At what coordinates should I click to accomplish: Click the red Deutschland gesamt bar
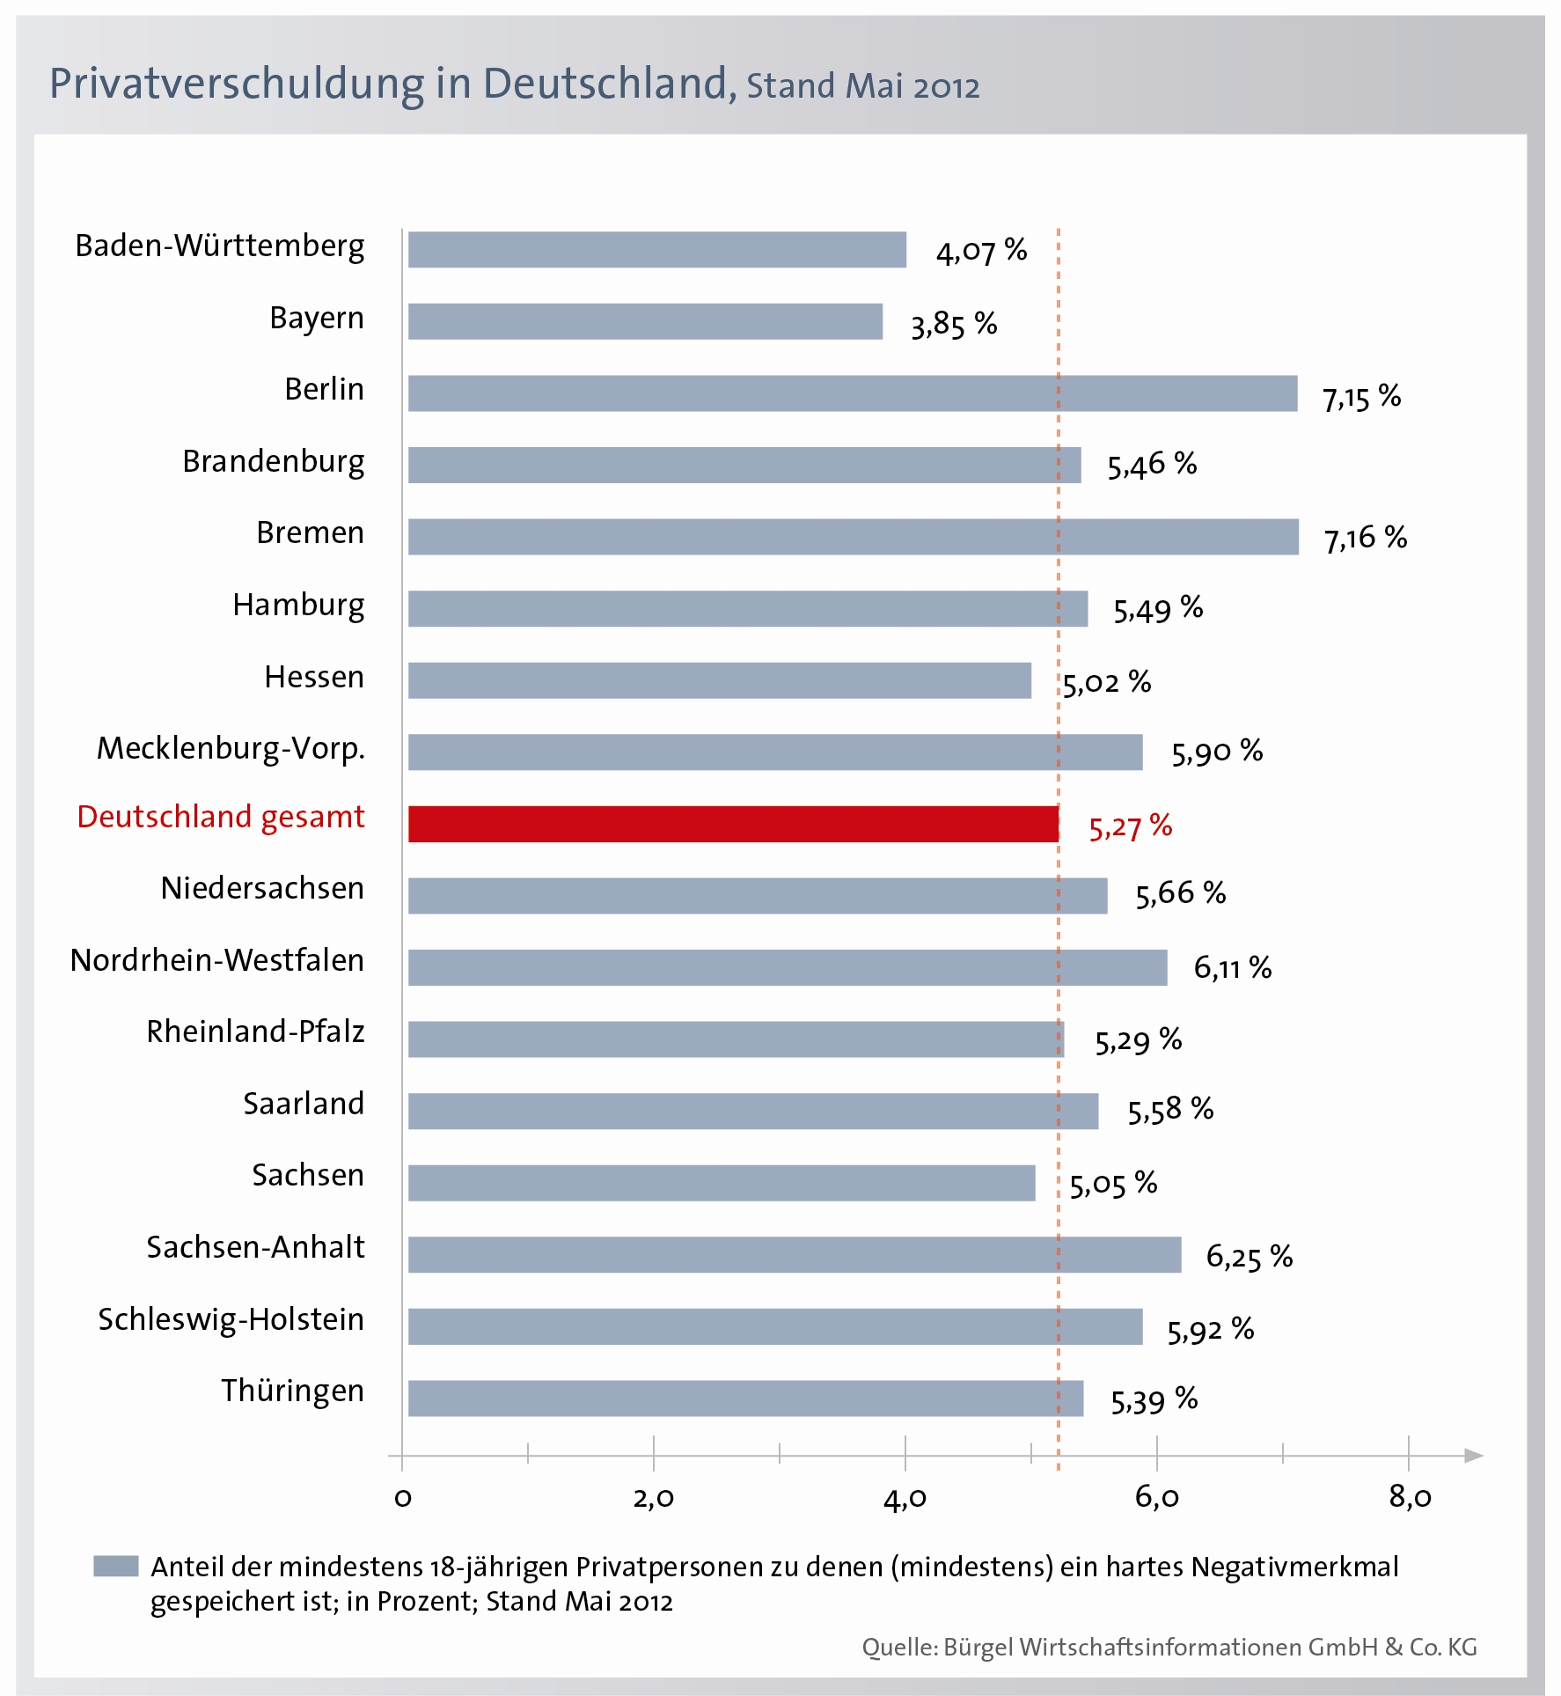click(733, 824)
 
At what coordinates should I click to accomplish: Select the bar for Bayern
click(645, 321)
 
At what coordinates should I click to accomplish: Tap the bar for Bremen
click(853, 537)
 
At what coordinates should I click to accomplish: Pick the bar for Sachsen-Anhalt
click(794, 1254)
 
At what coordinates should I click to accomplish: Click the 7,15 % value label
click(1361, 397)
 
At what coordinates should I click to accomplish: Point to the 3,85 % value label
click(953, 325)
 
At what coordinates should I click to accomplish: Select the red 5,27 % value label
click(1130, 826)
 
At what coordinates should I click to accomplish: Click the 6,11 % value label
click(1232, 968)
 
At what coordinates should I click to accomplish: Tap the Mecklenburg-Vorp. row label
click(231, 748)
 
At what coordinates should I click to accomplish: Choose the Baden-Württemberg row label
click(219, 246)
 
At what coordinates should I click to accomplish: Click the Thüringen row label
click(292, 1391)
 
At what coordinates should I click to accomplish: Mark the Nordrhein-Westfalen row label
click(216, 960)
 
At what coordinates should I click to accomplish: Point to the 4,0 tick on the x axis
click(905, 1497)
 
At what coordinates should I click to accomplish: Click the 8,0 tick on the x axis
click(1410, 1497)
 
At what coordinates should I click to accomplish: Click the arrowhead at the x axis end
click(1474, 1456)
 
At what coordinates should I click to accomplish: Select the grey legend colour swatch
click(115, 1566)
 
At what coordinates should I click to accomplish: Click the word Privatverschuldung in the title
click(237, 84)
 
